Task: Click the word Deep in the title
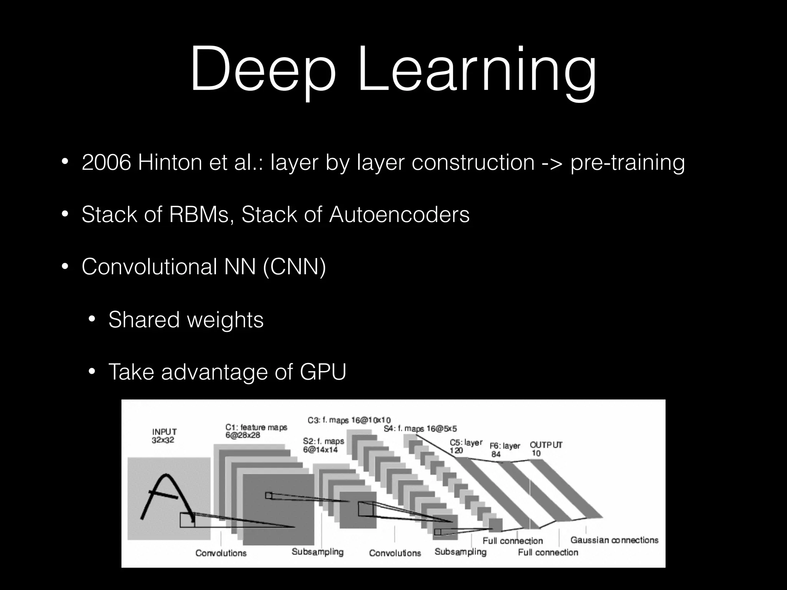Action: pyautogui.click(x=262, y=69)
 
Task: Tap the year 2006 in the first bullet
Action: pyautogui.click(x=106, y=162)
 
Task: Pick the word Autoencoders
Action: pyautogui.click(x=399, y=214)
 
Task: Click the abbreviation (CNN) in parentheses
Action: pyautogui.click(x=294, y=267)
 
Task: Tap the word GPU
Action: pyautogui.click(x=323, y=372)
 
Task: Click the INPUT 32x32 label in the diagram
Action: pyautogui.click(x=164, y=436)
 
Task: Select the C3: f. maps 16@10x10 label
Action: pyautogui.click(x=349, y=420)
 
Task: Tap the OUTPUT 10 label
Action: pyautogui.click(x=546, y=449)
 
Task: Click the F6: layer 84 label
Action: pyautogui.click(x=505, y=450)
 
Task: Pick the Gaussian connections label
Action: pyautogui.click(x=614, y=540)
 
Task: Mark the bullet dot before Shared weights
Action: pyautogui.click(x=92, y=320)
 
